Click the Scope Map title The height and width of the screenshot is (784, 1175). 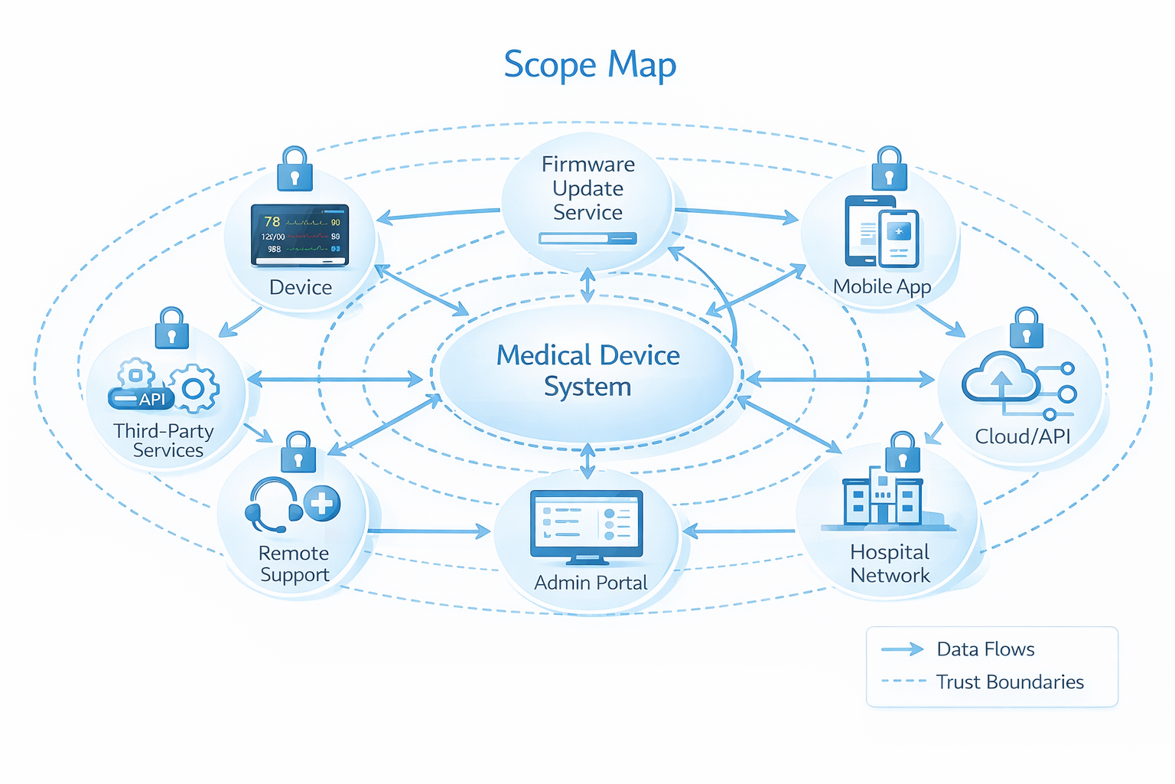pyautogui.click(x=590, y=65)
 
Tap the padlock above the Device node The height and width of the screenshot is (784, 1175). pyautogui.click(x=295, y=169)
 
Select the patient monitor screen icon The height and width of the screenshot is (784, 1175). pyautogui.click(x=300, y=235)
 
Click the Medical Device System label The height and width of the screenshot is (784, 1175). pyautogui.click(x=587, y=371)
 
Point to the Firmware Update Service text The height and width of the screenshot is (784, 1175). pyautogui.click(x=587, y=188)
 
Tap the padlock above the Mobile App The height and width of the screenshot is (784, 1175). pyautogui.click(x=889, y=169)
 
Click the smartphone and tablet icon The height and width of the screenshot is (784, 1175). pyautogui.click(x=881, y=231)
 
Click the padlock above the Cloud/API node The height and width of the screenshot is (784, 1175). pyautogui.click(x=1026, y=329)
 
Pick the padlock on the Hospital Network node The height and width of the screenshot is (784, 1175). pyautogui.click(x=903, y=452)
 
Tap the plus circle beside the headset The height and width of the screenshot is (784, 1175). pyautogui.click(x=322, y=504)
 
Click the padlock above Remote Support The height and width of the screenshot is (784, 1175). pyautogui.click(x=298, y=452)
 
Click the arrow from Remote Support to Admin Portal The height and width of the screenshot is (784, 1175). pyautogui.click(x=428, y=531)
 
